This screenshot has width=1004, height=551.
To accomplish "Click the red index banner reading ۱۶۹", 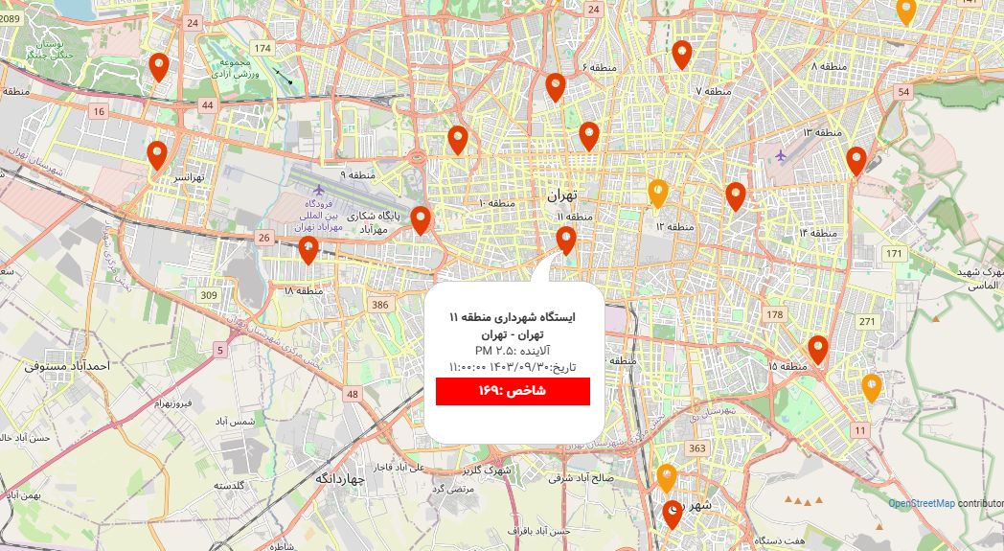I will tap(513, 391).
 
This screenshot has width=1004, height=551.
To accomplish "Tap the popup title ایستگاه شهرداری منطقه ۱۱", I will tap(513, 317).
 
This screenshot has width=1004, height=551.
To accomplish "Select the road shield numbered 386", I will tap(380, 305).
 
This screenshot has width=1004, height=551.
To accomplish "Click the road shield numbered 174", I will tap(262, 48).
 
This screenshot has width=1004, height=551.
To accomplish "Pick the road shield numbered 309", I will tap(208, 294).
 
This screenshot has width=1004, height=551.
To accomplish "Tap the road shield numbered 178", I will tap(775, 314).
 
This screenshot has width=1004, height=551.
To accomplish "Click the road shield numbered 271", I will tap(867, 321).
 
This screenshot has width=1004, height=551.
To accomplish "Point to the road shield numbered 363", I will tap(696, 448).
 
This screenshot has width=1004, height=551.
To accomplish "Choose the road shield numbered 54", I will tap(902, 92).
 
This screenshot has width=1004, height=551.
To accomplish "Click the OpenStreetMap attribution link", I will tap(921, 504).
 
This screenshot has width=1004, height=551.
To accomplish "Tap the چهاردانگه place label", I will tap(340, 478).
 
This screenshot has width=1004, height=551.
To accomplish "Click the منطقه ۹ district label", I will tap(356, 175).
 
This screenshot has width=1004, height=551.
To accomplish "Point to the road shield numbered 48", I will tap(353, 394).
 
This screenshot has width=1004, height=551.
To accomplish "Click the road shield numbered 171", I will tap(895, 253).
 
